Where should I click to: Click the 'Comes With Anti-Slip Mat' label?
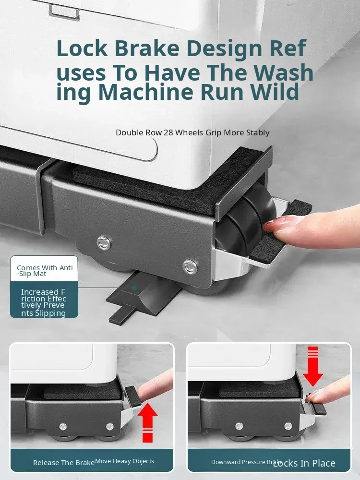coord(44,271)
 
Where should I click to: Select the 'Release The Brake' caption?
coord(64,463)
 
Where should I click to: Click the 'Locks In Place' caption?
coord(304,463)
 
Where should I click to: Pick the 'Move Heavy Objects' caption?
coord(125,461)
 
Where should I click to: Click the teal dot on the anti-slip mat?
coord(134,288)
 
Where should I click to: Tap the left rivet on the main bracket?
coord(104,243)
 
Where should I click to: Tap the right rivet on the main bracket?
coord(190,266)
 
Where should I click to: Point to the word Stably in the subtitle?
coord(259,133)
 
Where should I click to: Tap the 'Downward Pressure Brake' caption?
coord(246,462)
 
